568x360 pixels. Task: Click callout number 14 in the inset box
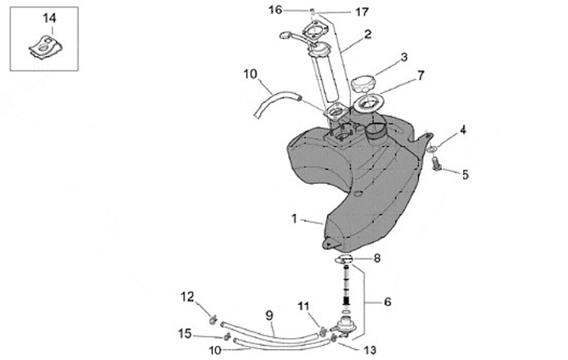pyautogui.click(x=49, y=17)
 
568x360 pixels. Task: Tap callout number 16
pyautogui.click(x=275, y=9)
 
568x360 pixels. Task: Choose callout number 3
pyautogui.click(x=404, y=58)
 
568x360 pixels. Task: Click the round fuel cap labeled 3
pyautogui.click(x=364, y=81)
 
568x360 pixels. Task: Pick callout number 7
pyautogui.click(x=420, y=76)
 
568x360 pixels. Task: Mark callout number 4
pyautogui.click(x=463, y=129)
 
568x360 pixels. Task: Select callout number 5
pyautogui.click(x=465, y=174)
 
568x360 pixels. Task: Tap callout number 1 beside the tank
pyautogui.click(x=295, y=219)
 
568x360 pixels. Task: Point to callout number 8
pyautogui.click(x=377, y=257)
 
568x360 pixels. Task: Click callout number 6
pyautogui.click(x=387, y=301)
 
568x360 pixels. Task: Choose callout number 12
pyautogui.click(x=187, y=297)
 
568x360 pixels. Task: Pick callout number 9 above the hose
pyautogui.click(x=268, y=315)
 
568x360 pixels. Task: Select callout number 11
pyautogui.click(x=304, y=306)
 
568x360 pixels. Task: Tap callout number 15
pyautogui.click(x=183, y=334)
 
